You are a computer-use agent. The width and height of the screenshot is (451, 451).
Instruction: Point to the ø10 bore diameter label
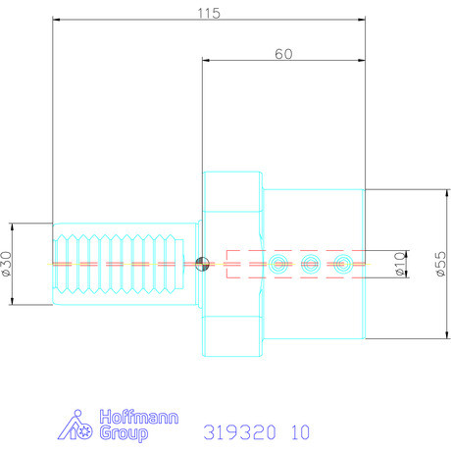(x=400, y=264)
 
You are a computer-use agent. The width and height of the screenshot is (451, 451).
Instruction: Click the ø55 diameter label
(x=439, y=264)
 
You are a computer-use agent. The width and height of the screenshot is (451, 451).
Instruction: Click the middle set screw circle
(x=310, y=263)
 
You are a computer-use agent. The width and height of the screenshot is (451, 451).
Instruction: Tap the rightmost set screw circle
(x=342, y=263)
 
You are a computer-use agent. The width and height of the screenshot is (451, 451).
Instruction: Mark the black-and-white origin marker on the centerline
(x=202, y=263)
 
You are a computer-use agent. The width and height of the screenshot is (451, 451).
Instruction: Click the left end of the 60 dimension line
(x=203, y=61)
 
